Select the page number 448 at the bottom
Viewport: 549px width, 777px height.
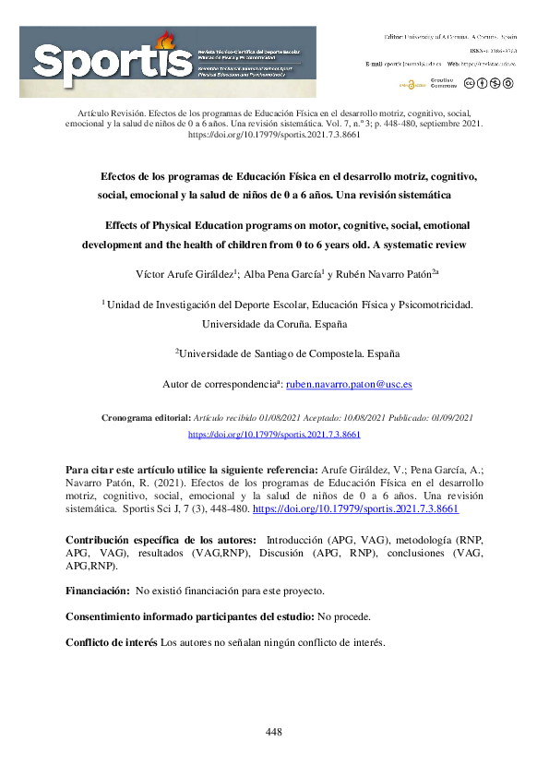coord(273,732)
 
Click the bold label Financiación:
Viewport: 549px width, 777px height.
coord(98,590)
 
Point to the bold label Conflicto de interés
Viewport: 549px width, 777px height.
coord(112,641)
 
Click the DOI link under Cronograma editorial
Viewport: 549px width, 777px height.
coord(274,433)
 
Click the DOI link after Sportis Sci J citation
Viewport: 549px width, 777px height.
coord(355,508)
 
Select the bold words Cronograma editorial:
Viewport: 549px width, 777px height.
coord(152,418)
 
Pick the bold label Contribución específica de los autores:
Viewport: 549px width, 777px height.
coord(161,540)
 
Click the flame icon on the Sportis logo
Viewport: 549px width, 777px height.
coord(166,40)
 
